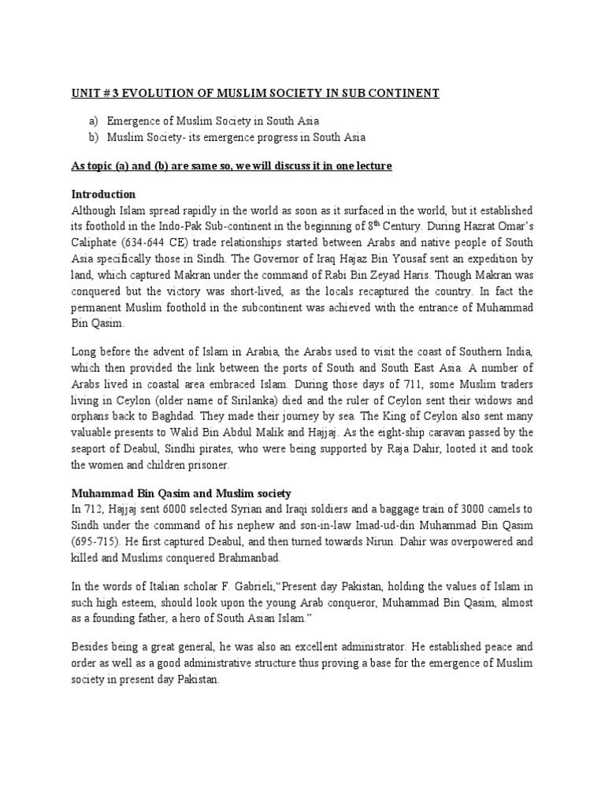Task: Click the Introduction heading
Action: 104,194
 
